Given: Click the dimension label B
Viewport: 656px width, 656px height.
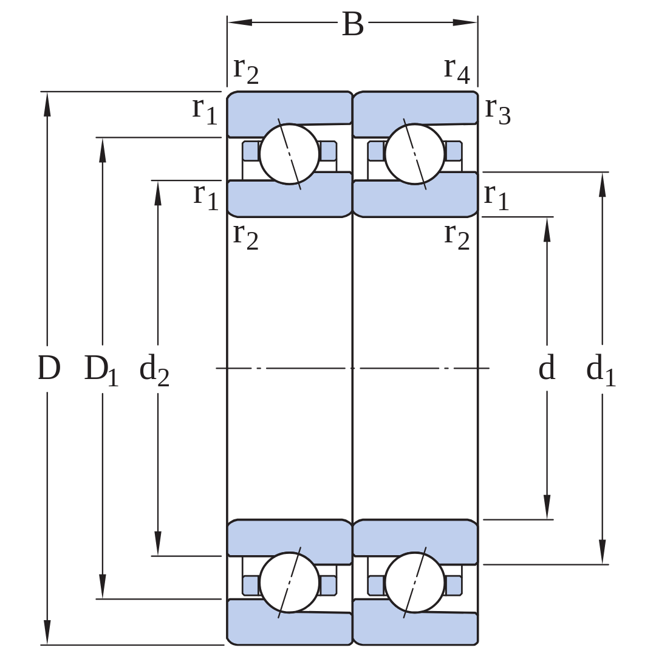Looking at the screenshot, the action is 353,24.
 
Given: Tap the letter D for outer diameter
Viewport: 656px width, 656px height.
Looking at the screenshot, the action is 49,367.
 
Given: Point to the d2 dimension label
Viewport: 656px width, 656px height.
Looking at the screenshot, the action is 154,370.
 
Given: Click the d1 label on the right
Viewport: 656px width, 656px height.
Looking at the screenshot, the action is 601,370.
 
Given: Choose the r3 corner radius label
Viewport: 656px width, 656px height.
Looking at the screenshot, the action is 498,111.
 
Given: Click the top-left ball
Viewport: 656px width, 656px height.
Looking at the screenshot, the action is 289,154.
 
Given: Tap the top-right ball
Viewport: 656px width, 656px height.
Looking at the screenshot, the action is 415,154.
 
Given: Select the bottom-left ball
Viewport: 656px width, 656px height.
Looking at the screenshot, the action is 289,583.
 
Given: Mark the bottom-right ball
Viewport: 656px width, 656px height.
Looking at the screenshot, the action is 415,583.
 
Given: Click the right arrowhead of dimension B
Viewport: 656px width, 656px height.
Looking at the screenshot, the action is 465,22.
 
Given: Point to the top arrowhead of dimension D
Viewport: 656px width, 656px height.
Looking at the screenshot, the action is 47,104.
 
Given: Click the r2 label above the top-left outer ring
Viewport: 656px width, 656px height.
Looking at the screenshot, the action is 246,70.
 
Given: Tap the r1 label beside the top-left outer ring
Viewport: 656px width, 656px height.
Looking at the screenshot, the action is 205,111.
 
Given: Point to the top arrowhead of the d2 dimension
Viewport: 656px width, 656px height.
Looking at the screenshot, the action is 158,193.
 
